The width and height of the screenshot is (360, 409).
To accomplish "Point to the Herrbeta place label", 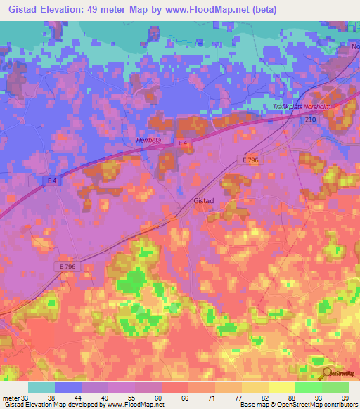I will pos(148,140).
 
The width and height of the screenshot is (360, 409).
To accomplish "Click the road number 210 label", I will pos(310,120).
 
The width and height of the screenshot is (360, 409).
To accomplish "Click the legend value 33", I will pos(25,398).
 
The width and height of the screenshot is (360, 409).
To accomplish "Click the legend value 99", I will pos(345,398).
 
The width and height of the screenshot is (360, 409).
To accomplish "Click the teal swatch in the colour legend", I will pos(41,387).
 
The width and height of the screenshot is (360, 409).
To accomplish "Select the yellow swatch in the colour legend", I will pos(282,387).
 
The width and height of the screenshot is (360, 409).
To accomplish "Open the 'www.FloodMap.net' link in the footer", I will pos(134,405).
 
